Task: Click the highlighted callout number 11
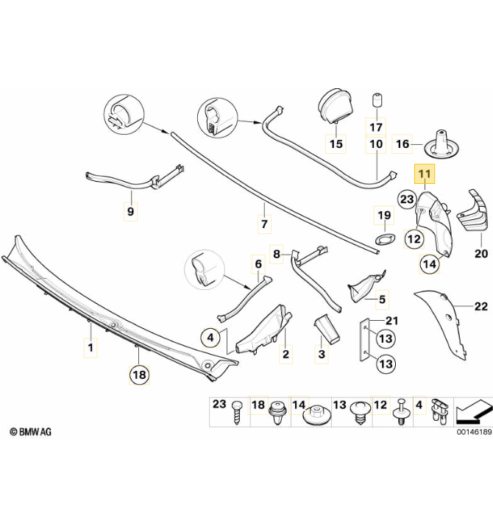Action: pos(425,174)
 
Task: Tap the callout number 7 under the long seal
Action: pos(264,224)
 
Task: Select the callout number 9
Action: pos(130,211)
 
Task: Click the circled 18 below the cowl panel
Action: pos(139,375)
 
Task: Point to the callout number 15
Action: pos(336,144)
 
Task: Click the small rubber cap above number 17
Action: pos(377,100)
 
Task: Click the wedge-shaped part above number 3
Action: pos(326,329)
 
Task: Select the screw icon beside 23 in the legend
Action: pos(237,413)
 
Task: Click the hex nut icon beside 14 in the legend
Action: pos(316,415)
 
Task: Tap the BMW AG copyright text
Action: pos(30,431)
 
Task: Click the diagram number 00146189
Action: pos(474,432)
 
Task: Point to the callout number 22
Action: pos(480,307)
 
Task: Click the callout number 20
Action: pos(481,254)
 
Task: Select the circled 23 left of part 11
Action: pos(407,199)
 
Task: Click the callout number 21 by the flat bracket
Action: pos(392,321)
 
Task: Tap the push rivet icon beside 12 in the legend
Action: pos(401,412)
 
